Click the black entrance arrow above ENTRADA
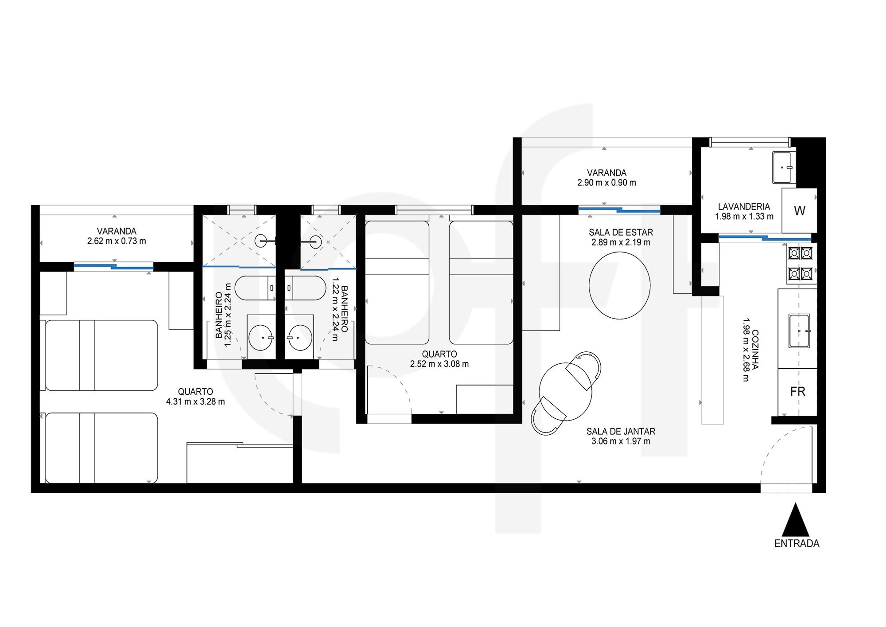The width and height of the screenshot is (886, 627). click(796, 520)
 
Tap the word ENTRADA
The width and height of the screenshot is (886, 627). click(797, 544)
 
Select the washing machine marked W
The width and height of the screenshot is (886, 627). click(799, 210)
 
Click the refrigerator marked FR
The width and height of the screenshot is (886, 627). click(797, 392)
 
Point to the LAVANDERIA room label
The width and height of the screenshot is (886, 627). click(744, 206)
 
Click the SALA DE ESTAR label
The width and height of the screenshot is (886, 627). click(621, 232)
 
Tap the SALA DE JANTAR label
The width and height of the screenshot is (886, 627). click(621, 431)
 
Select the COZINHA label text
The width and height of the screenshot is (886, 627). click(755, 349)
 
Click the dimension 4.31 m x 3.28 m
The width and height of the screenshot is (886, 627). click(195, 402)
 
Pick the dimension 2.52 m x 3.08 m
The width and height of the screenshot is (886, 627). click(439, 364)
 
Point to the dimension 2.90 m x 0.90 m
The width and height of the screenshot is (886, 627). click(606, 183)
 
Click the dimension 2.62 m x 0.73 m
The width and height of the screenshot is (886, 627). click(117, 241)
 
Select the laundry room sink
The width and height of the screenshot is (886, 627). click(784, 167)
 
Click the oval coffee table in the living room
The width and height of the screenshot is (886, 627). click(619, 285)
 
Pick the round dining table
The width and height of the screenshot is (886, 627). click(565, 392)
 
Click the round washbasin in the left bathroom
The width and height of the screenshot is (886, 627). click(260, 338)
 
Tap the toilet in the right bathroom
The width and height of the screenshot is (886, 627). click(305, 288)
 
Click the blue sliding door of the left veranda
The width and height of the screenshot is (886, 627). click(113, 267)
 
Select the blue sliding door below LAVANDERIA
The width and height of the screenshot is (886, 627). click(765, 238)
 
